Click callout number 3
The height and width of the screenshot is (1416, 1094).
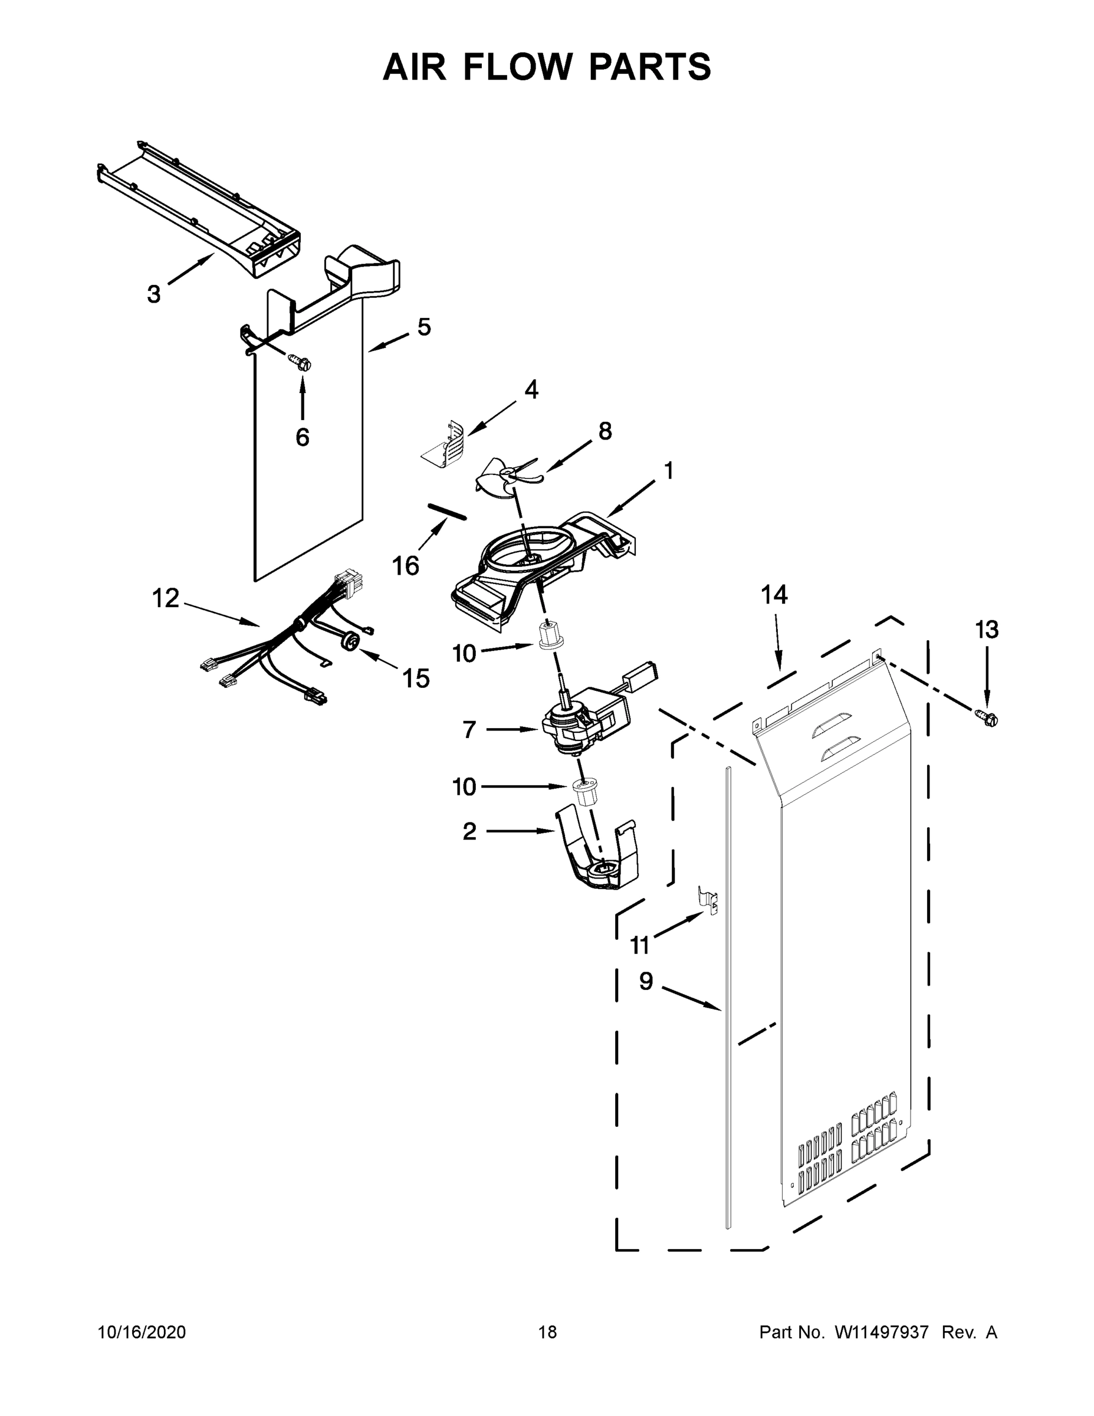[x=153, y=294]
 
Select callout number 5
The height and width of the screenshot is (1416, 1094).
[x=424, y=327]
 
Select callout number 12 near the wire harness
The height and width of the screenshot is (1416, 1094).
[x=165, y=598]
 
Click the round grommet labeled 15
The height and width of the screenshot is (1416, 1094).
[x=351, y=641]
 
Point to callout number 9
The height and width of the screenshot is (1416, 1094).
[x=646, y=981]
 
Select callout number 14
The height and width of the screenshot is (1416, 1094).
[x=774, y=595]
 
